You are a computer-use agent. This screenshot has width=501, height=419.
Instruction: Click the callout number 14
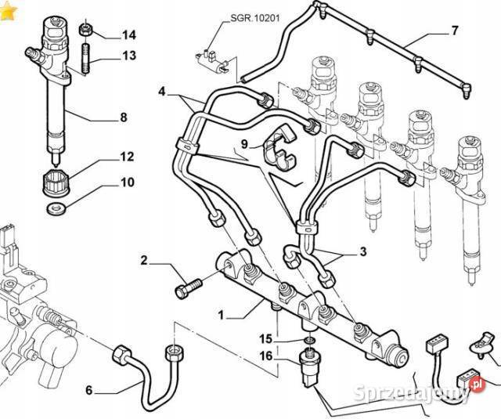[128, 34]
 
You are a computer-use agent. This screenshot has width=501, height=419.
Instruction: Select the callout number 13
[128, 56]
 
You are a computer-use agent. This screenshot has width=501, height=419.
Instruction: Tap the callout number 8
[123, 119]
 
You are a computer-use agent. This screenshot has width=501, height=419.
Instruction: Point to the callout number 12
[127, 157]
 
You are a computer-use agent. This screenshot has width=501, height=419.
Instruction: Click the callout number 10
[127, 184]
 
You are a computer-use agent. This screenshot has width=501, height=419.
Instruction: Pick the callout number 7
[453, 32]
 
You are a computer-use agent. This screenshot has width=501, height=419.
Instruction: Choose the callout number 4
[162, 92]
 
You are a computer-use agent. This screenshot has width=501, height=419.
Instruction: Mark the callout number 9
[243, 144]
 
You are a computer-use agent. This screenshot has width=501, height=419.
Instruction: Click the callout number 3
[362, 252]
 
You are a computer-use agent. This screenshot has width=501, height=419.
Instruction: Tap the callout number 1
[222, 316]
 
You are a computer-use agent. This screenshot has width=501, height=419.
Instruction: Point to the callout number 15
[266, 339]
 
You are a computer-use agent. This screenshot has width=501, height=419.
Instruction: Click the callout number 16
[266, 356]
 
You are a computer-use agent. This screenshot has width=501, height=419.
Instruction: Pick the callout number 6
[88, 391]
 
